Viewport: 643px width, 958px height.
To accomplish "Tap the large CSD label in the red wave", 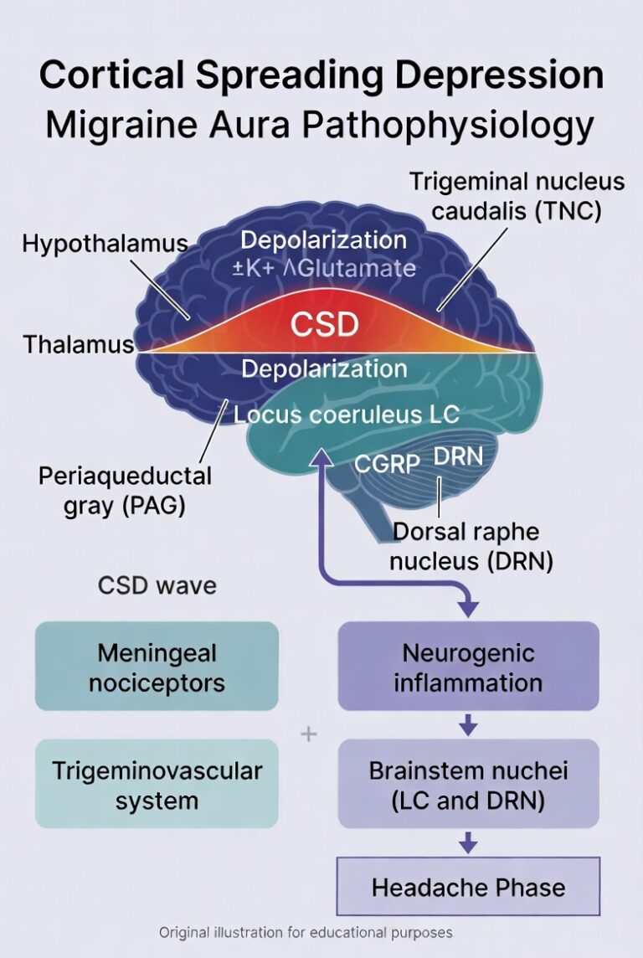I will pyautogui.click(x=325, y=324).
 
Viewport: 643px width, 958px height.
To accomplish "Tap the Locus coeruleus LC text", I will pyautogui.click(x=335, y=414).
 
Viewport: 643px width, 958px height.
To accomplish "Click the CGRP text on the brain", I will pyautogui.click(x=387, y=463).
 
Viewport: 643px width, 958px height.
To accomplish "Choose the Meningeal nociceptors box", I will pyautogui.click(x=156, y=667).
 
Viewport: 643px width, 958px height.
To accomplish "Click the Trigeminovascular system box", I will pyautogui.click(x=156, y=785).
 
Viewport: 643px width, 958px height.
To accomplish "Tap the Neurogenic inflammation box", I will pyautogui.click(x=468, y=667).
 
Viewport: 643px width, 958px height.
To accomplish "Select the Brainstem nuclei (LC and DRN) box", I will pyautogui.click(x=468, y=785).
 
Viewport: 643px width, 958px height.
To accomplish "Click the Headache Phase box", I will pyautogui.click(x=468, y=887).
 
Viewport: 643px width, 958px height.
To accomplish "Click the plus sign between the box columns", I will pyautogui.click(x=309, y=734).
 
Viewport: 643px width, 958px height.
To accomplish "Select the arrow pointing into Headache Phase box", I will pyautogui.click(x=468, y=843).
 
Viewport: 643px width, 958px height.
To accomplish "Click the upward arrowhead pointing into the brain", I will pyautogui.click(x=321, y=456).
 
